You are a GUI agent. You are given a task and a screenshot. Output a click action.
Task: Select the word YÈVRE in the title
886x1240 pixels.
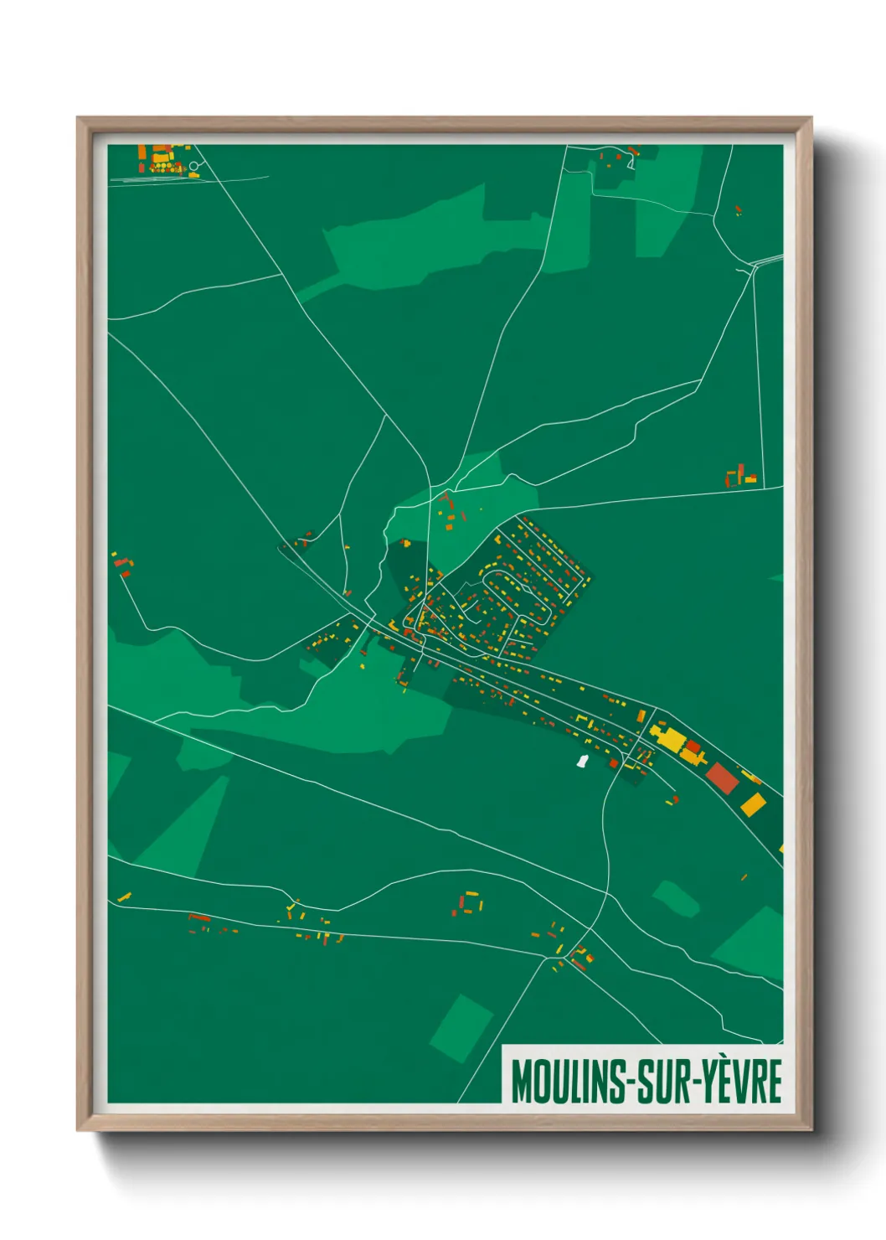740,1082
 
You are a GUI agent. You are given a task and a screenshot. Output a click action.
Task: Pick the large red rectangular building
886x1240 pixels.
722,777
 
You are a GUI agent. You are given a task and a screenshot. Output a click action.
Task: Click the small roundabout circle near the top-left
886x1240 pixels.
193,166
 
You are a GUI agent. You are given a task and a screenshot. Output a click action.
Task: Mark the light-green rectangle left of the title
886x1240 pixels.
461,1028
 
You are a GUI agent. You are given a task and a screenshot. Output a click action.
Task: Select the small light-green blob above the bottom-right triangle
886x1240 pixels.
675,898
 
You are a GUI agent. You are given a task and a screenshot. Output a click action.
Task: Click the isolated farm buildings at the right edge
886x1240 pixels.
741,476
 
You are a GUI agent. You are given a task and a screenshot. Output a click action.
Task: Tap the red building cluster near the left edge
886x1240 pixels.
123,565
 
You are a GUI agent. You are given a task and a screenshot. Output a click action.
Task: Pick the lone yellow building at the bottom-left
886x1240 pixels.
124,897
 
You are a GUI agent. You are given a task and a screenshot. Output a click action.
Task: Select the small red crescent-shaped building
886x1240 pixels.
199,918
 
